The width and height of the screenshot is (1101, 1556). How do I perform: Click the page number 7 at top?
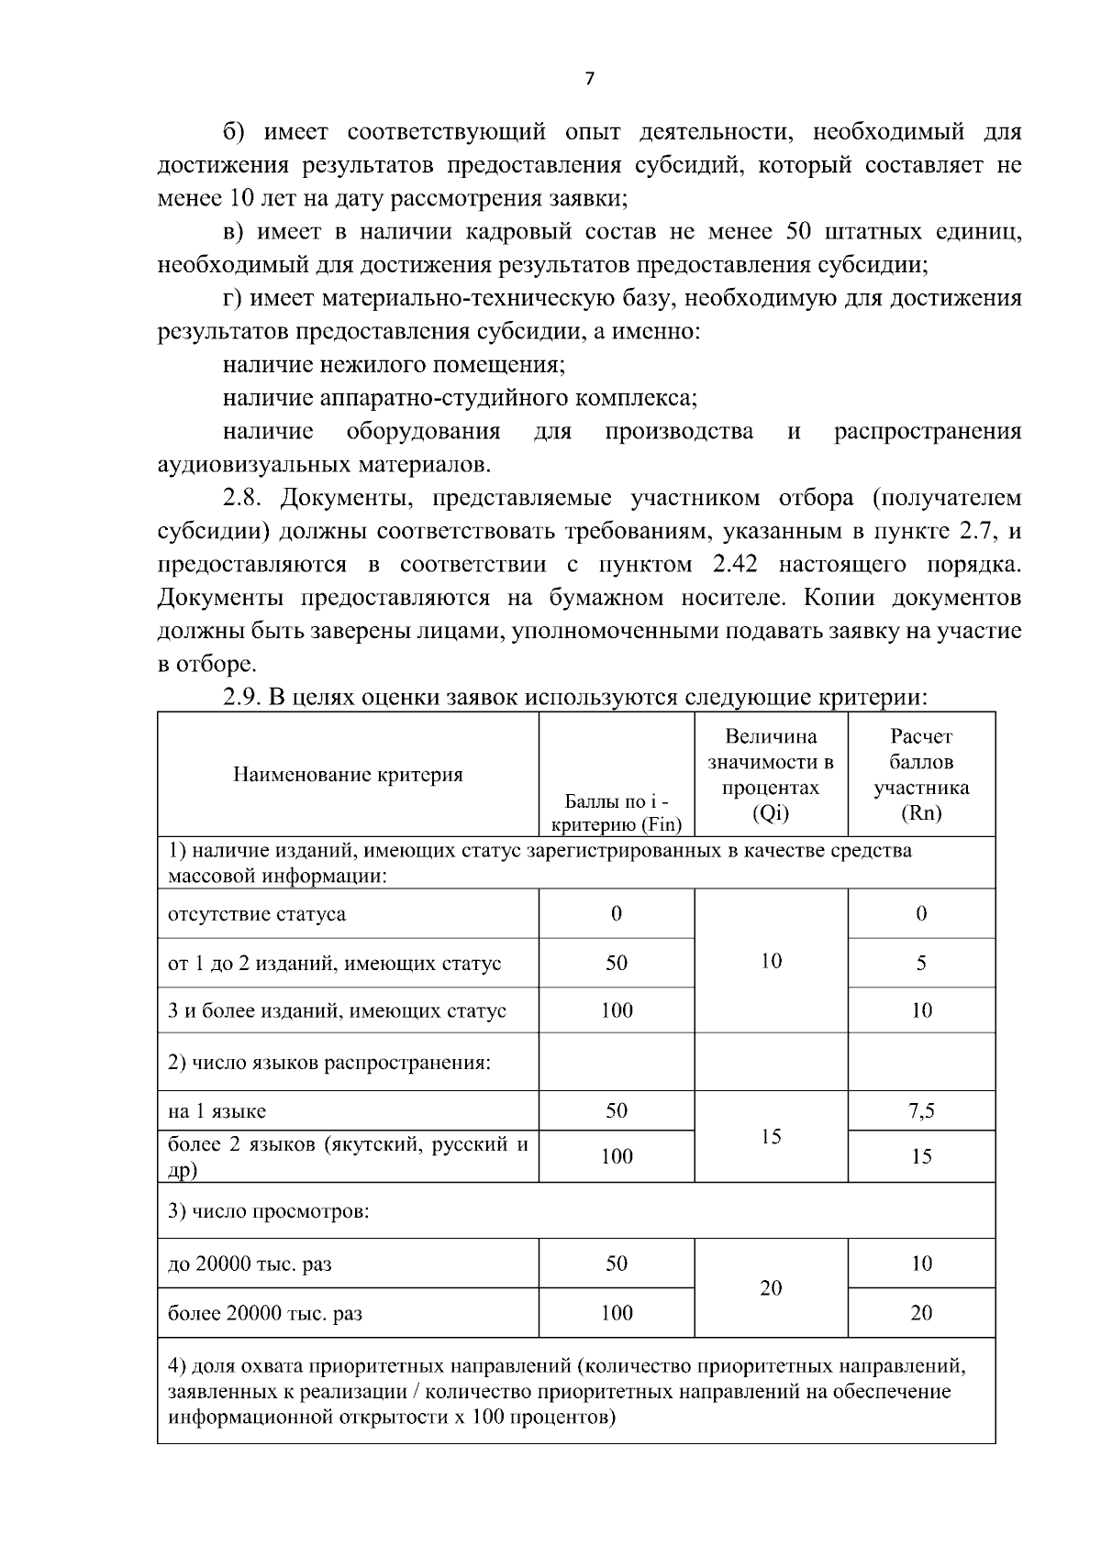click(x=590, y=79)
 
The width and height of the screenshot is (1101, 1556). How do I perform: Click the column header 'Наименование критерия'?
click(x=348, y=775)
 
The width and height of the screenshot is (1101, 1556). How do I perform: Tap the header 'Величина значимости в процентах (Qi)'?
click(x=771, y=775)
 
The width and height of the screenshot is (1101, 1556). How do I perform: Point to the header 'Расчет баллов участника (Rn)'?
click(x=921, y=775)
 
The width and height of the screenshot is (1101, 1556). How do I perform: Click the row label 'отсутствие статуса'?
click(x=257, y=914)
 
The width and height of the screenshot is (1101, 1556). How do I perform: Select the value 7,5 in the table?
click(x=921, y=1111)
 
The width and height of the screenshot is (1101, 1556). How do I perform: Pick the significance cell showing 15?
click(x=771, y=1137)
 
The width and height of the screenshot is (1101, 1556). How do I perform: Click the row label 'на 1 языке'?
click(x=217, y=1111)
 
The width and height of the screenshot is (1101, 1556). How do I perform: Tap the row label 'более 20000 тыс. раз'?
click(x=265, y=1314)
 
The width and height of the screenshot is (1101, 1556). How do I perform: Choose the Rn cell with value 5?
click(x=921, y=963)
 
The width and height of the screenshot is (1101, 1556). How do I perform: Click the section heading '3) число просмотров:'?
click(x=269, y=1211)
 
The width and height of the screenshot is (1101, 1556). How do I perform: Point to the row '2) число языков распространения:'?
click(x=329, y=1064)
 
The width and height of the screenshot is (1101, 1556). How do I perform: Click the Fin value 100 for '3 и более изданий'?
click(x=617, y=1010)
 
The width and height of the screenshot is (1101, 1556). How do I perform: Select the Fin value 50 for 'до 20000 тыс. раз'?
click(x=617, y=1264)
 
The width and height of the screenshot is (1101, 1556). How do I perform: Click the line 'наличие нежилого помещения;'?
click(x=394, y=366)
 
